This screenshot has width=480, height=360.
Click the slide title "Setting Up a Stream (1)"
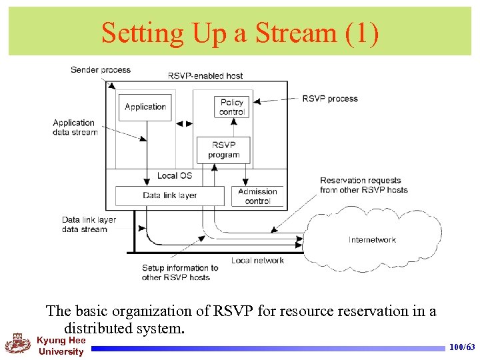coord(240,33)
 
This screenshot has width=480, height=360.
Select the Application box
coord(145,107)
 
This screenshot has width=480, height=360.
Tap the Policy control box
coord(231,107)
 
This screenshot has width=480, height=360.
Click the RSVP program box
coord(223,150)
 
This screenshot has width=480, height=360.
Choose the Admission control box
coord(257,196)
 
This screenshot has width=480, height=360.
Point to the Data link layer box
coord(169,195)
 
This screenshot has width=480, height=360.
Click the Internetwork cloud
coord(372,239)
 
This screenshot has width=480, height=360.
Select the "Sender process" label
coord(101,70)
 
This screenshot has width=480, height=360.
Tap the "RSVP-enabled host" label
coord(205,76)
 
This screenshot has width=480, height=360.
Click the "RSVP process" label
coord(329,99)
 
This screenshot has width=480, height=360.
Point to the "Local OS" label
coord(175,175)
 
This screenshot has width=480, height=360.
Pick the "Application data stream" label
coord(74,127)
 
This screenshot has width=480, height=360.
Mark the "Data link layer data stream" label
coord(89,225)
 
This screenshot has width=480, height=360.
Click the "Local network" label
coord(257,261)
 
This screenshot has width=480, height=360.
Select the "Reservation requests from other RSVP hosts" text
coord(363,185)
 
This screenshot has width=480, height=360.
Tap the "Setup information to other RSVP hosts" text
coord(176,273)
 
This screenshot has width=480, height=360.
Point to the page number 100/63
coord(461,347)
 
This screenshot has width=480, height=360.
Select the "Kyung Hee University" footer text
coord(61,346)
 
